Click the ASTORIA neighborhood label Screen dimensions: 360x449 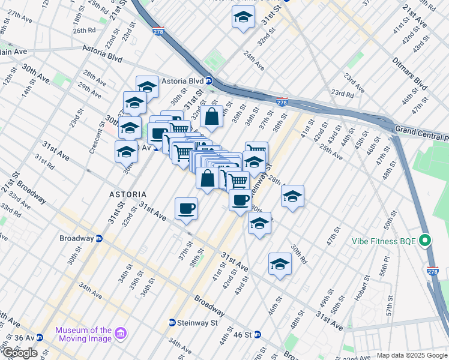click(x=127, y=195)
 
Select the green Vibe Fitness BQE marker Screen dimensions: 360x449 click(x=426, y=241)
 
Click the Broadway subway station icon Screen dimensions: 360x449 click(x=100, y=238)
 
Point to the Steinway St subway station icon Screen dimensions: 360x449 click(x=172, y=322)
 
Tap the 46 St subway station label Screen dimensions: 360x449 click(x=243, y=334)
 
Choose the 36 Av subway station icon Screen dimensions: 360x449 click(x=40, y=338)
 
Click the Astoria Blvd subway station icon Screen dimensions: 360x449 click(x=208, y=81)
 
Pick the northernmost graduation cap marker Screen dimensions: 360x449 click(x=243, y=17)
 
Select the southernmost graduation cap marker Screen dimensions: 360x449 click(x=280, y=264)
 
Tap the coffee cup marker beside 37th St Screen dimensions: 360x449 click(x=186, y=209)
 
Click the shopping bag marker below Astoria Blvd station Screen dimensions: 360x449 click(x=212, y=117)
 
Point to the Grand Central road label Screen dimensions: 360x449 click(x=420, y=129)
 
